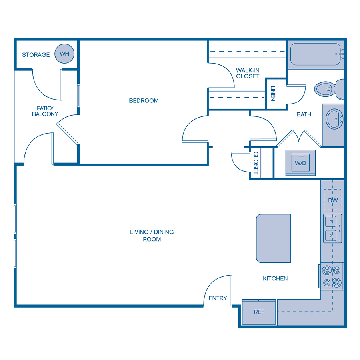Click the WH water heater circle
click(64, 54)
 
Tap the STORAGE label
click(36, 55)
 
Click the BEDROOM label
click(144, 101)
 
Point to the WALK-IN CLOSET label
click(248, 73)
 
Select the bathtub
click(316, 54)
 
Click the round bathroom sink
click(333, 119)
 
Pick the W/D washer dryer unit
click(300, 163)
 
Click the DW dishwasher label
click(333, 200)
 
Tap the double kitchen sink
click(332, 228)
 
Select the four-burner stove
click(332, 276)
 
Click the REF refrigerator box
click(259, 312)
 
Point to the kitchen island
click(273, 238)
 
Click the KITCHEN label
click(275, 278)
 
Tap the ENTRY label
click(218, 298)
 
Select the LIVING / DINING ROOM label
click(152, 236)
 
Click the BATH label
click(304, 114)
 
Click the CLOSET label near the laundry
click(256, 163)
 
